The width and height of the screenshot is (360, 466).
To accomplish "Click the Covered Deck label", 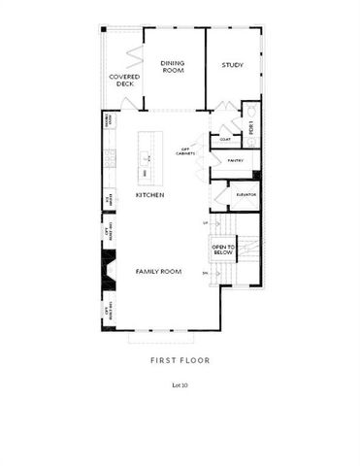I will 123,80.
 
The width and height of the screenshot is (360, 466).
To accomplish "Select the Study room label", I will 232,65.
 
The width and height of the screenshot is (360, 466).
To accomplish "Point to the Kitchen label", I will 149,194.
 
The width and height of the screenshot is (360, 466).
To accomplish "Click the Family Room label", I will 158,272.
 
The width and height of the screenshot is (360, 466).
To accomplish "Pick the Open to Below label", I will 222,250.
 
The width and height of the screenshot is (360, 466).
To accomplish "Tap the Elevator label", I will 245,195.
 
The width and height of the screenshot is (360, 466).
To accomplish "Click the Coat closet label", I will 224,138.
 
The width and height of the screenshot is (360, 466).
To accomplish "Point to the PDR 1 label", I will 251,127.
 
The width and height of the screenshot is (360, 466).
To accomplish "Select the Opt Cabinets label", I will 188,151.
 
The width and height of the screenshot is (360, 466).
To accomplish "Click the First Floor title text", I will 180,360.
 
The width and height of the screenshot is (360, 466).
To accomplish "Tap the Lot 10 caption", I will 180,385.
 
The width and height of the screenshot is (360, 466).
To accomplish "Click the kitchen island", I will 148,156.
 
